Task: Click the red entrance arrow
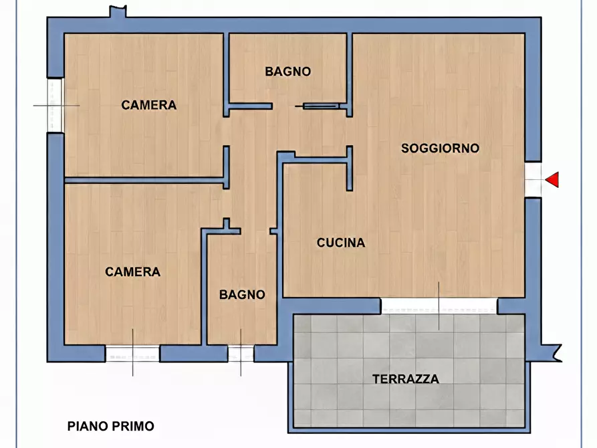point(553,179)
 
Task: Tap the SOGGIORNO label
point(440,148)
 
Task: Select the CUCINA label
point(341,243)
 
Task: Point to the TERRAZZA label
point(406,379)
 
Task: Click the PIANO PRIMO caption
point(111,426)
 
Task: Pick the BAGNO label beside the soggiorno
point(287,72)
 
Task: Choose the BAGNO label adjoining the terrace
point(242,294)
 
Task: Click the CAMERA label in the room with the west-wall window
point(148,105)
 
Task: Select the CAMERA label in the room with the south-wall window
point(132,271)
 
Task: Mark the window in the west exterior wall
point(55,106)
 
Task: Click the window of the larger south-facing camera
point(132,353)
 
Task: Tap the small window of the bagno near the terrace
point(241,353)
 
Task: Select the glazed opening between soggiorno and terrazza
point(439,306)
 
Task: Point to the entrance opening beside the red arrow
point(533,179)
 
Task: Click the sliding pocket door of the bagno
point(322,106)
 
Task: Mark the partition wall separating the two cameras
point(144,179)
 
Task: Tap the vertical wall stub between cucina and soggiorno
point(349,169)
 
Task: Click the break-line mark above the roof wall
point(118,11)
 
